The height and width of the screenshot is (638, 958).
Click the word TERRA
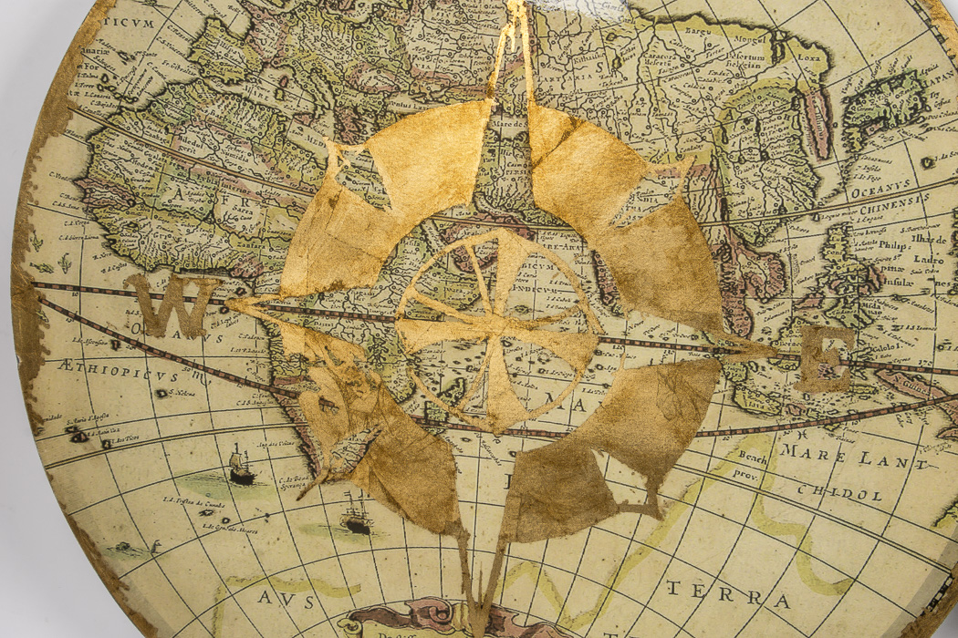point(727,593)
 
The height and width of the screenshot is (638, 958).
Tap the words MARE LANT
point(854,456)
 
